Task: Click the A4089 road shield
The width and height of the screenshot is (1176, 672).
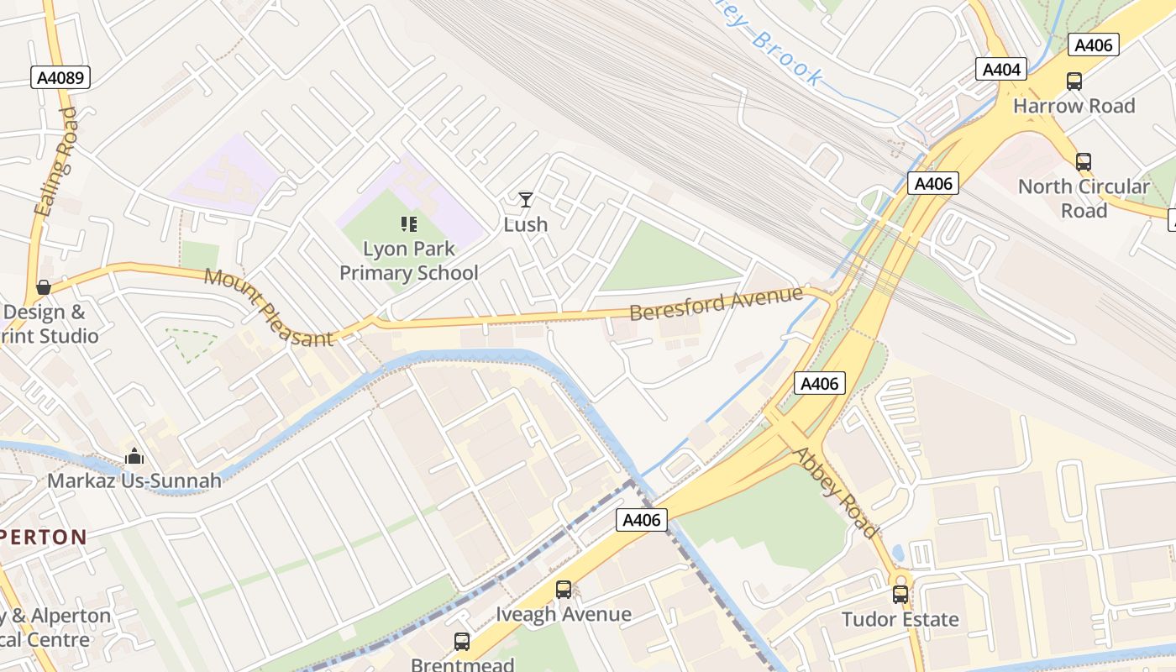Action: coord(60,78)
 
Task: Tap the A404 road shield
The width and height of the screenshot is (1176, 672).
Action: coord(1001,69)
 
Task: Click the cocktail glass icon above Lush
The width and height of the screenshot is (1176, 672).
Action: coord(526,200)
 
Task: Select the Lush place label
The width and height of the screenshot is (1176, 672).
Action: coord(526,224)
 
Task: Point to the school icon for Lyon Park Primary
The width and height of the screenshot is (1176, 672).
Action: coord(409,223)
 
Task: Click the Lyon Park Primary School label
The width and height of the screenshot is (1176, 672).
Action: coord(409,260)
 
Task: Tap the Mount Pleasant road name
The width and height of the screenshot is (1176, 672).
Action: coord(269,307)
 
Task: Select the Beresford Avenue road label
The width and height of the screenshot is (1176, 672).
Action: coord(717,303)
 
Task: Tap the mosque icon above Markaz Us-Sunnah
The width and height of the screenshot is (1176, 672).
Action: coord(134,456)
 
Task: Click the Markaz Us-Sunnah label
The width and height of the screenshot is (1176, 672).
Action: coord(134,480)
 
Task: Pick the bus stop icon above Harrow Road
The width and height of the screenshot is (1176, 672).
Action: coord(1074,81)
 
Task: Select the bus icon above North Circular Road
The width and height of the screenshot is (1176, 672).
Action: coord(1084,162)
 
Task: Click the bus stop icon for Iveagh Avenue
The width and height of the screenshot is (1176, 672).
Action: coord(563,590)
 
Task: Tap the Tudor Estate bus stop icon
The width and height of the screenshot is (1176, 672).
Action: coord(900,595)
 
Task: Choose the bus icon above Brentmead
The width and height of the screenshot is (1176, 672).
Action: coord(462,642)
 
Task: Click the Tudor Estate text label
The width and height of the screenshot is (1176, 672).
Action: coord(900,620)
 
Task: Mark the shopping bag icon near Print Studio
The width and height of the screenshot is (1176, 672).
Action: coord(44,288)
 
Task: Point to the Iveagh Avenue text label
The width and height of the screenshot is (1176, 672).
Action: coord(563,614)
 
